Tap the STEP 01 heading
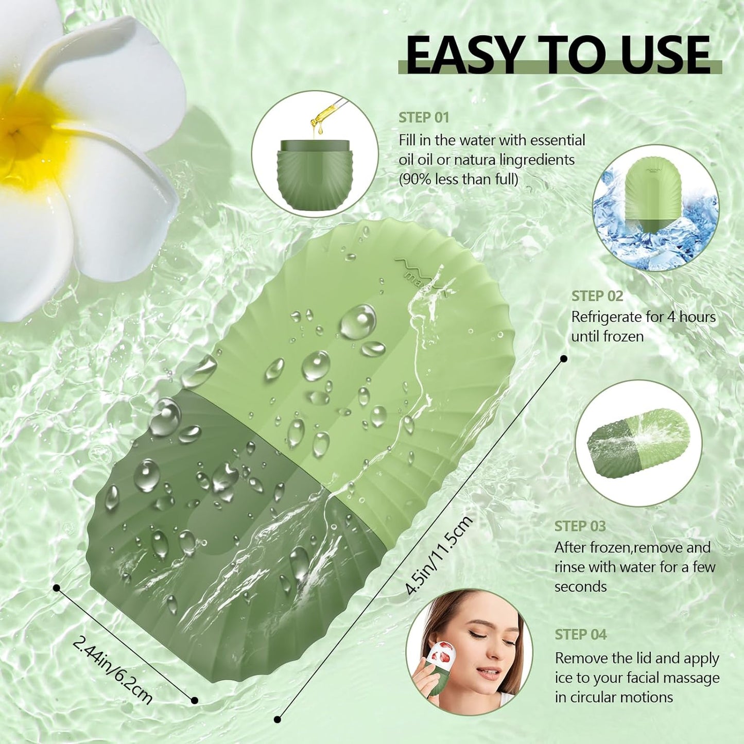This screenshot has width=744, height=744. pos(424,117)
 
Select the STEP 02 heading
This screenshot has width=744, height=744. pos(597,296)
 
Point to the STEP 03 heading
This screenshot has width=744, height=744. pos(580,526)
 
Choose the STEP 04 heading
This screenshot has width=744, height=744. pos(580,634)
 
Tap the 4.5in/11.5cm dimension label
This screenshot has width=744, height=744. pos(438,556)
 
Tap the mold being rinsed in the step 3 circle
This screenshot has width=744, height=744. pos(638,443)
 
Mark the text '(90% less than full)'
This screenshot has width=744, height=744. pos(458,179)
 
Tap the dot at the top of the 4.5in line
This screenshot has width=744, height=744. pos(564,358)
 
